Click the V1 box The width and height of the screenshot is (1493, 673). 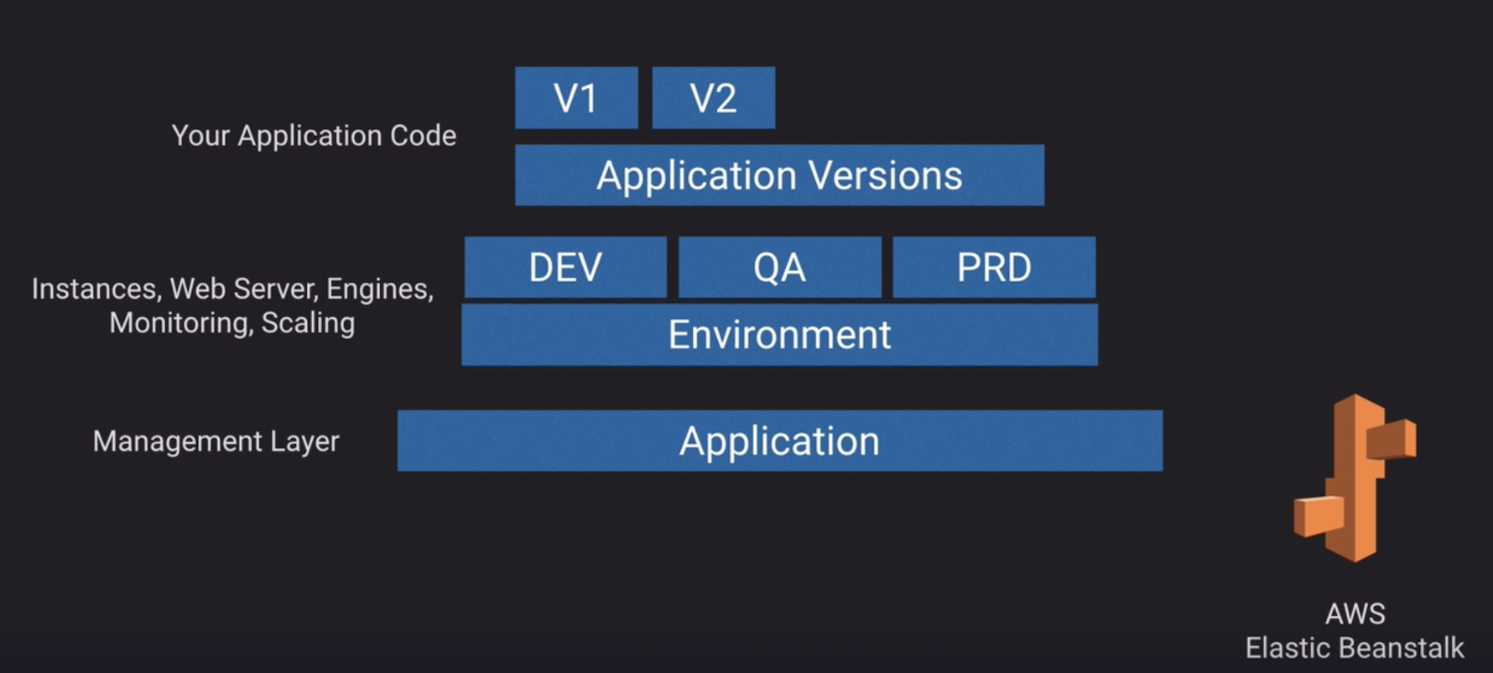(x=576, y=98)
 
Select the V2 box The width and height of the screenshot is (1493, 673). (x=713, y=98)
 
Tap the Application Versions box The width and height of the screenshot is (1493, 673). (x=779, y=175)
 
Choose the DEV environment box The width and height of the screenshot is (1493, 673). (x=565, y=268)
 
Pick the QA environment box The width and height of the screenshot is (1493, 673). (x=779, y=268)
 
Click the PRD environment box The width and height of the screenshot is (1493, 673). (x=994, y=268)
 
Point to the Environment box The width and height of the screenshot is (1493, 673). (x=779, y=335)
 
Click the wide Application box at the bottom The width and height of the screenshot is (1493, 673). (x=779, y=441)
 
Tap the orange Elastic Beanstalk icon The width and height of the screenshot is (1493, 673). (x=1354, y=477)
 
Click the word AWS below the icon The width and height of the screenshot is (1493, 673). (x=1355, y=613)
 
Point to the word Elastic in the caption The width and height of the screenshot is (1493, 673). (x=1287, y=648)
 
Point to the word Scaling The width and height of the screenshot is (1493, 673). (x=308, y=323)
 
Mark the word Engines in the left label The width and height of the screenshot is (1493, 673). (x=379, y=290)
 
